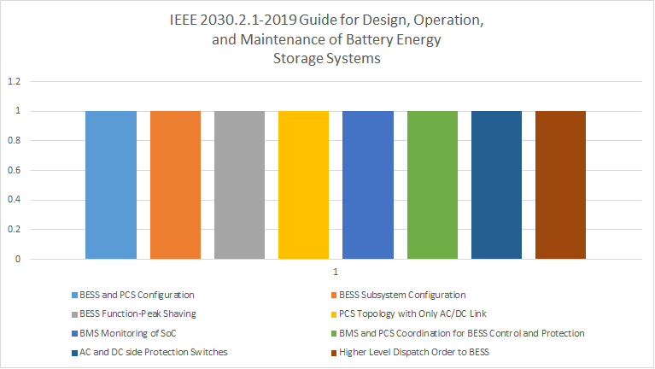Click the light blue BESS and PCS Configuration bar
click(111, 184)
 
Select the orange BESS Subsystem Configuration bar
click(175, 184)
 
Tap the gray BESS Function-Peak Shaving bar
click(239, 184)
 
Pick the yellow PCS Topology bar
click(303, 184)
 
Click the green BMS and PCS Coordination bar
click(432, 184)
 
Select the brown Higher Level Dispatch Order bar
click(561, 184)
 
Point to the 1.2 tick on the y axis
click(15, 82)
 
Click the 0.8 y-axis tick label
click(15, 141)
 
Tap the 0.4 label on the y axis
click(15, 201)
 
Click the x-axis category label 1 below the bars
click(336, 272)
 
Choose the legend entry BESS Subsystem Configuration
click(401, 295)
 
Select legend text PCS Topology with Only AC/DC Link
click(412, 313)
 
